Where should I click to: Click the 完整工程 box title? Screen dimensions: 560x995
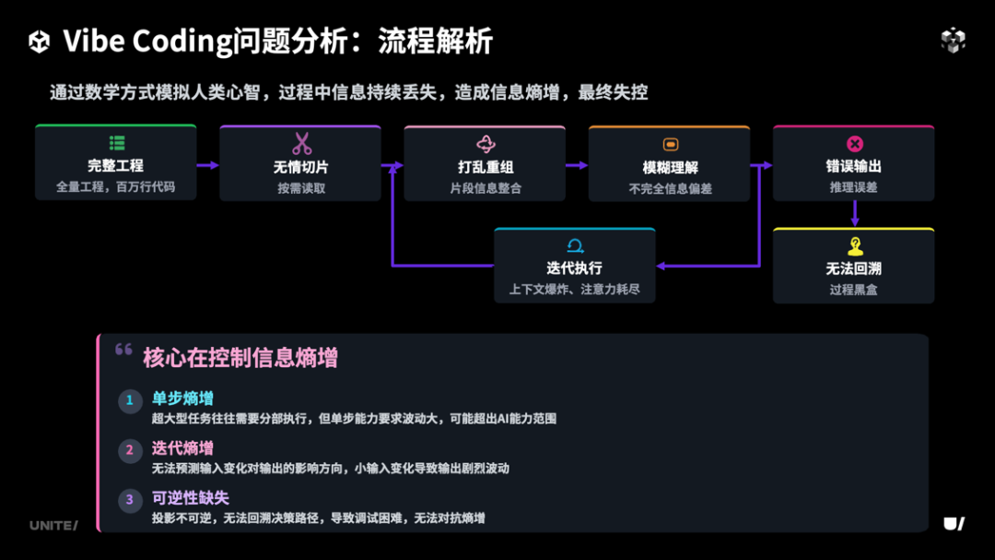pos(115,166)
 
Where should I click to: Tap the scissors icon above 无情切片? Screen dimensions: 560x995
pos(301,144)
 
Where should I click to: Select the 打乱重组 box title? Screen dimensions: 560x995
pos(486,167)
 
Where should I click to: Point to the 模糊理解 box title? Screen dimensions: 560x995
pos(670,167)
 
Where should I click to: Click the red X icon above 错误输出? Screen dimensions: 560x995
pos(854,144)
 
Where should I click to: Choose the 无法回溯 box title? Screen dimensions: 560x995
pos(853,268)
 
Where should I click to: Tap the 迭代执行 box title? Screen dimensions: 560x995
pos(574,268)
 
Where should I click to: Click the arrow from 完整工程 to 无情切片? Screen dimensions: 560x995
pos(208,165)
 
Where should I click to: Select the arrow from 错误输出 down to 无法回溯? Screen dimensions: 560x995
pos(854,213)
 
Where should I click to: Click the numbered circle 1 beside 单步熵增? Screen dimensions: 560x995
pos(130,400)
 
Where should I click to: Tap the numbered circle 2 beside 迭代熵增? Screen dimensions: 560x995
pos(130,450)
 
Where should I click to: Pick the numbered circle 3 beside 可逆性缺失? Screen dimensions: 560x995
pos(130,500)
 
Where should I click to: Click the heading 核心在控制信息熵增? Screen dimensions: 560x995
pos(240,357)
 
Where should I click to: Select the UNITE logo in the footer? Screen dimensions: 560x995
pos(53,525)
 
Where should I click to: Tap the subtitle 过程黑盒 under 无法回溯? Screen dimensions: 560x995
pos(853,290)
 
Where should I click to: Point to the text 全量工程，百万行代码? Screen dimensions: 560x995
pos(115,187)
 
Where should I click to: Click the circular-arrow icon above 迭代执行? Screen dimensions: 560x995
pos(575,245)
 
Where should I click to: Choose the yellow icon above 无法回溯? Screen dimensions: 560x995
pos(854,246)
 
